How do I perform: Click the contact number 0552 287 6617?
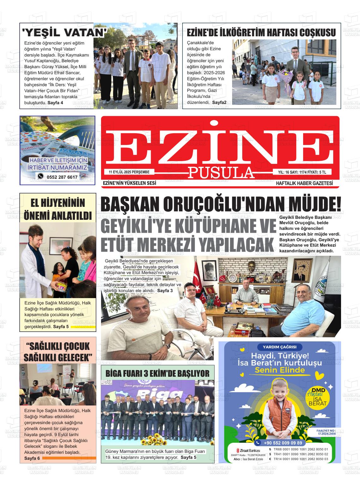point(62,177)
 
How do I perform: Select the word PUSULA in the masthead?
point(221,172)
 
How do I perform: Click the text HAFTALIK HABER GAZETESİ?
point(304,183)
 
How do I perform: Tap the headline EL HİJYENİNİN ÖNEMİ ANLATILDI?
point(58,209)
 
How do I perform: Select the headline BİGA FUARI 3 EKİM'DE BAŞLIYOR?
point(157,374)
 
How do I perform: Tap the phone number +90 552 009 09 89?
point(279,443)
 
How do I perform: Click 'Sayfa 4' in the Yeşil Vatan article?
point(55,103)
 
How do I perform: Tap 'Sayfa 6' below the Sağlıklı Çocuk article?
point(32,458)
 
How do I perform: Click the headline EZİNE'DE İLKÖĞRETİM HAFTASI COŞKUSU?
point(261,33)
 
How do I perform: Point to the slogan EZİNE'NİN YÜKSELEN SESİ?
point(129,183)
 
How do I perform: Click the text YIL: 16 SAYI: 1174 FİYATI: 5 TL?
point(302,172)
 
